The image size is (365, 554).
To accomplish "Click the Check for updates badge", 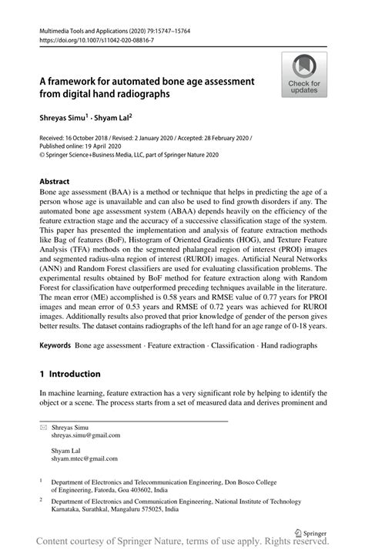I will (x=304, y=75).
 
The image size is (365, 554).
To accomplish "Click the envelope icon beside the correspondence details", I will (x=43, y=426).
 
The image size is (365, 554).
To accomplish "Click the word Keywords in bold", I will (x=55, y=346).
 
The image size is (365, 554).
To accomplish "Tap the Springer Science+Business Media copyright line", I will (x=129, y=154).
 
